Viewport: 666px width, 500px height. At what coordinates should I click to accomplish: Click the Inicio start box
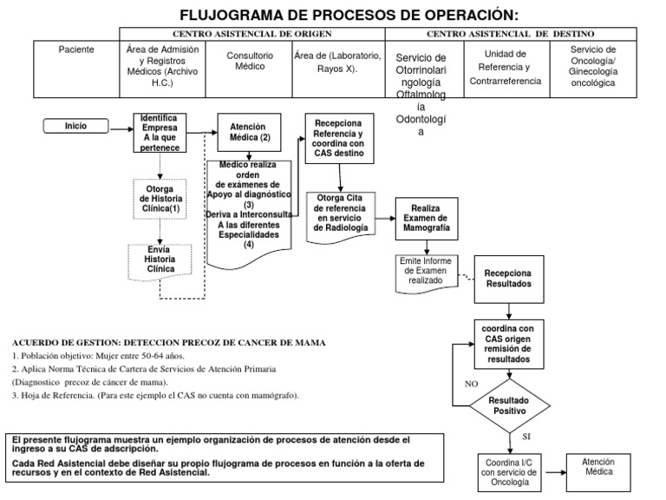point(76,126)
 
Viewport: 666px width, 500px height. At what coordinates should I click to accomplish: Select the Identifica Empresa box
point(160,133)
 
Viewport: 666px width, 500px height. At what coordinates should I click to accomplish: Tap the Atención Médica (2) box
point(250,132)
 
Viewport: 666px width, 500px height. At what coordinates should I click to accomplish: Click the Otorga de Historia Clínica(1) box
point(160,199)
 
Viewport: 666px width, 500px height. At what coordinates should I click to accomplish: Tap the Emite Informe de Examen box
point(426,270)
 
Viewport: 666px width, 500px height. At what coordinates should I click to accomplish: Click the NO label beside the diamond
point(472,383)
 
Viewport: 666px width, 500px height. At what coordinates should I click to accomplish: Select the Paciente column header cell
point(75,49)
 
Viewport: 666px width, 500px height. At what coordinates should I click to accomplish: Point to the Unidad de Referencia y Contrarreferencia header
point(506,67)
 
